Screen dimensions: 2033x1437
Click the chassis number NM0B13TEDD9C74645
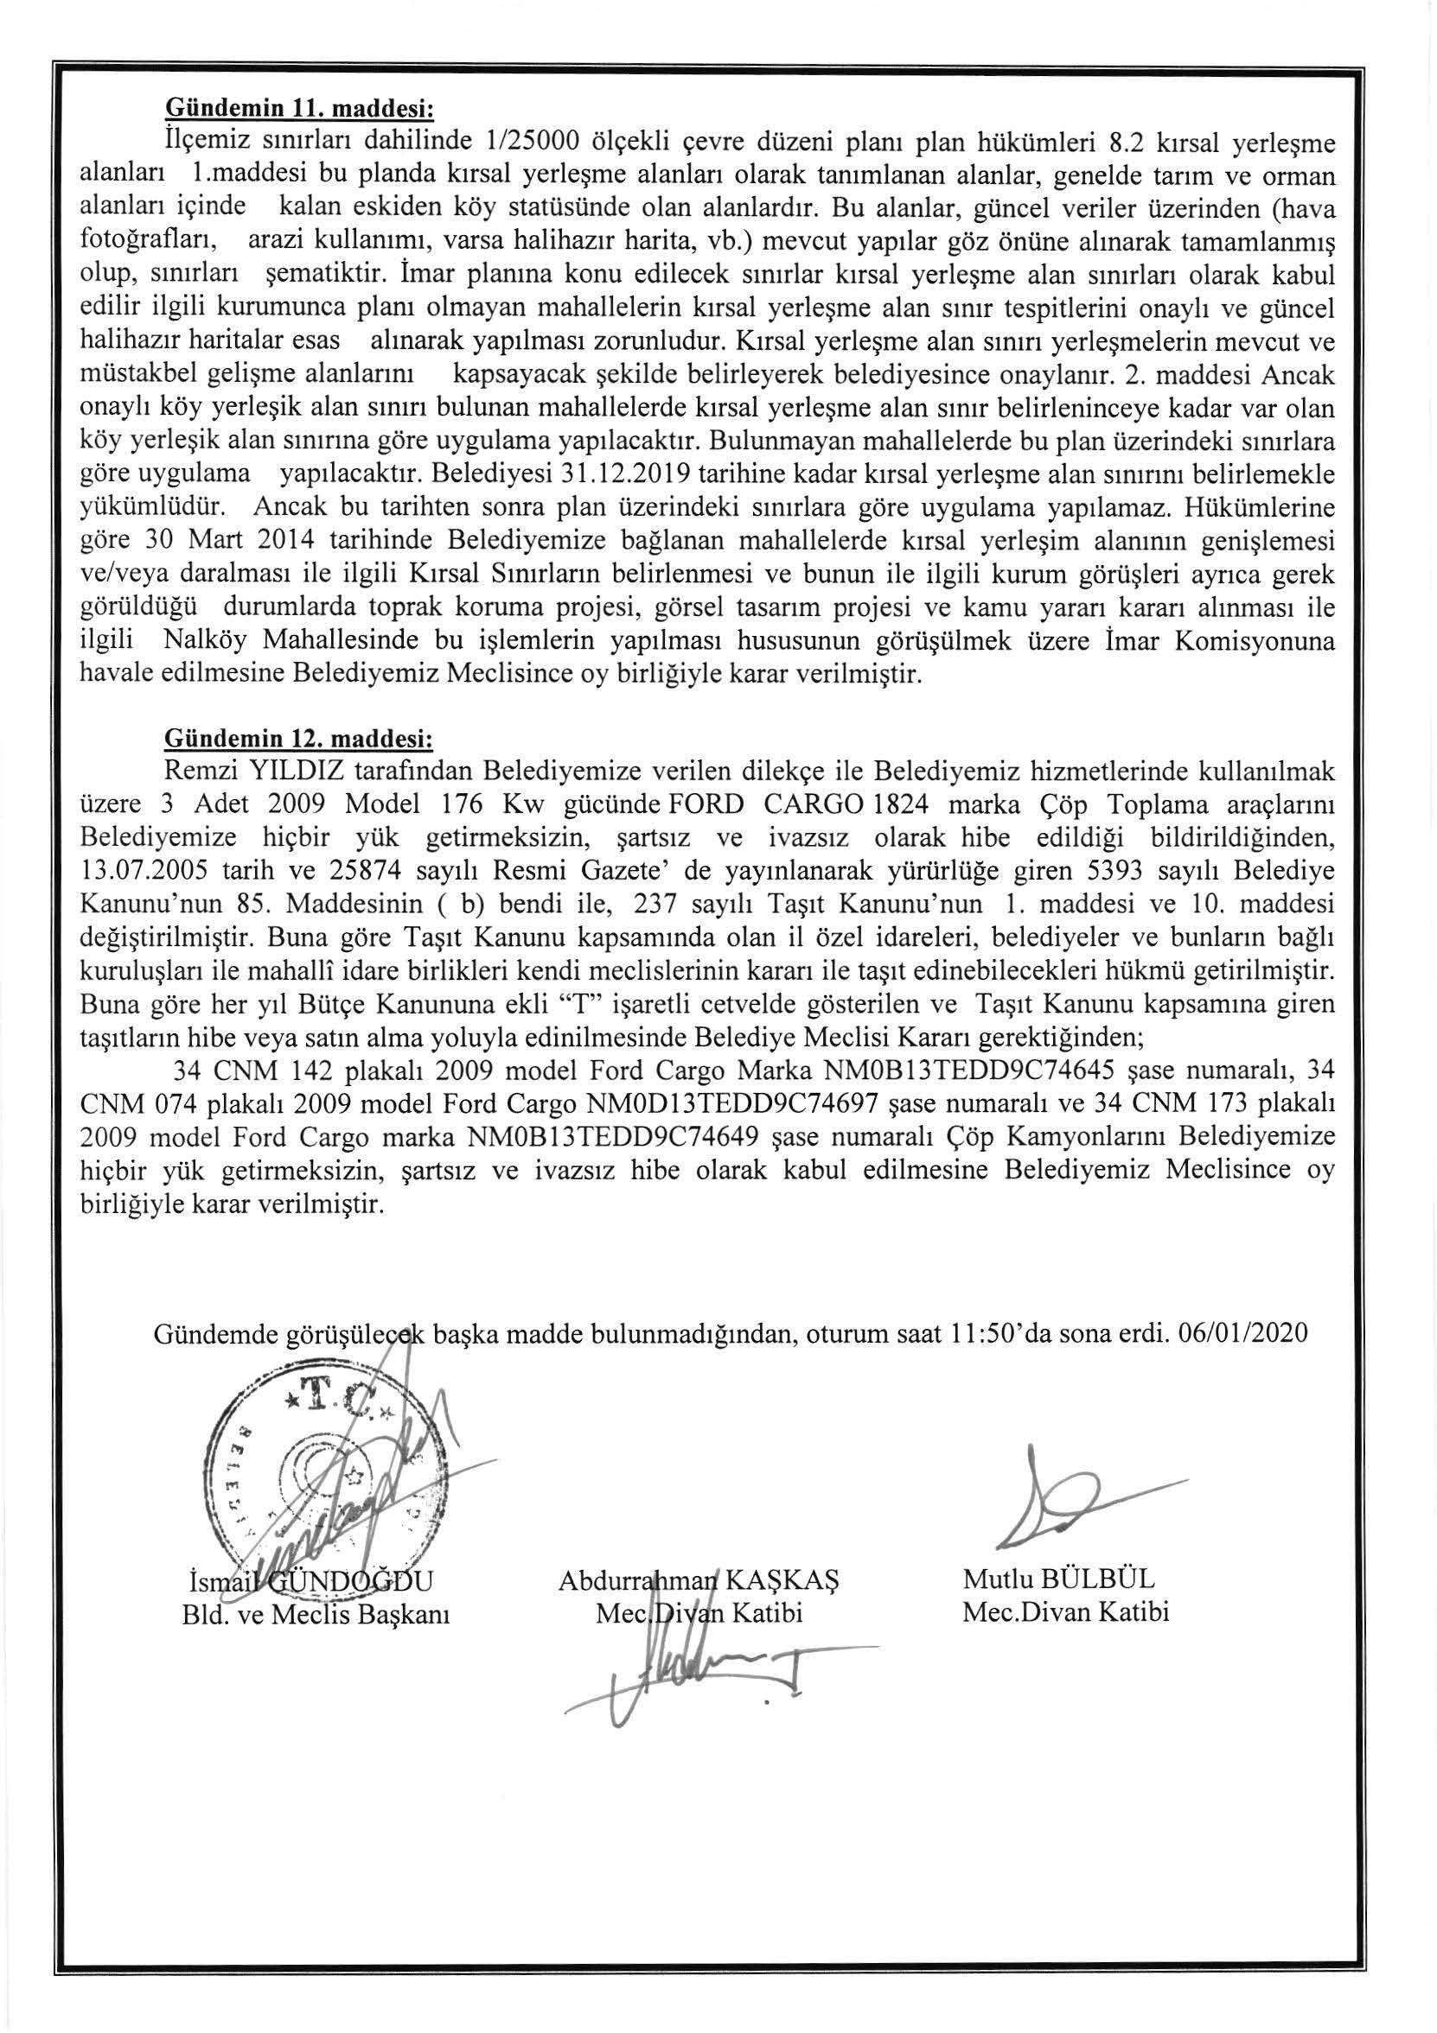[959, 1071]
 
